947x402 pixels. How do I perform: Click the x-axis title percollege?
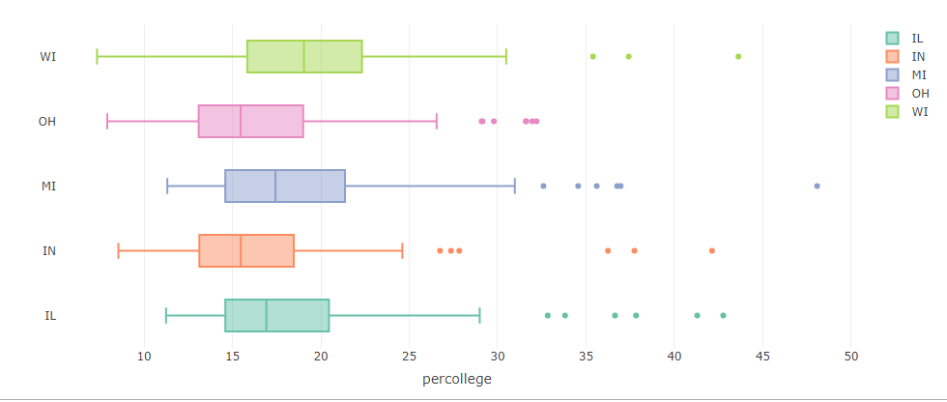click(456, 380)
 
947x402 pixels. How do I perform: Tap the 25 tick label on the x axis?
click(410, 358)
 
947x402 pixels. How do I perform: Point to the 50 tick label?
click(851, 358)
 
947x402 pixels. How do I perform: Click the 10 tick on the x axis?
click(144, 358)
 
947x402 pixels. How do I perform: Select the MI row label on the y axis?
click(48, 186)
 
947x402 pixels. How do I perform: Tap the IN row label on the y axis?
click(49, 250)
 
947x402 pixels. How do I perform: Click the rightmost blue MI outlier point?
click(818, 186)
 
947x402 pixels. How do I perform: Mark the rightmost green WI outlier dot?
click(738, 57)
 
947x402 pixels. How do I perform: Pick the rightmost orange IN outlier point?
click(711, 250)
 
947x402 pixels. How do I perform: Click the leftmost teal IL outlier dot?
click(548, 315)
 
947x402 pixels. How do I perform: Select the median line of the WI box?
click(303, 57)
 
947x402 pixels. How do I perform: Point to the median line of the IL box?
click(267, 315)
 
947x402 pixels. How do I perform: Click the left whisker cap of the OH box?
click(107, 122)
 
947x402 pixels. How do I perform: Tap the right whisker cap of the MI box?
click(514, 186)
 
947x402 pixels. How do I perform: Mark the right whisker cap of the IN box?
click(402, 250)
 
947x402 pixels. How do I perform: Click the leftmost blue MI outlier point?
click(543, 186)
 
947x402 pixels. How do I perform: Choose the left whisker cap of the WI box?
click(98, 57)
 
